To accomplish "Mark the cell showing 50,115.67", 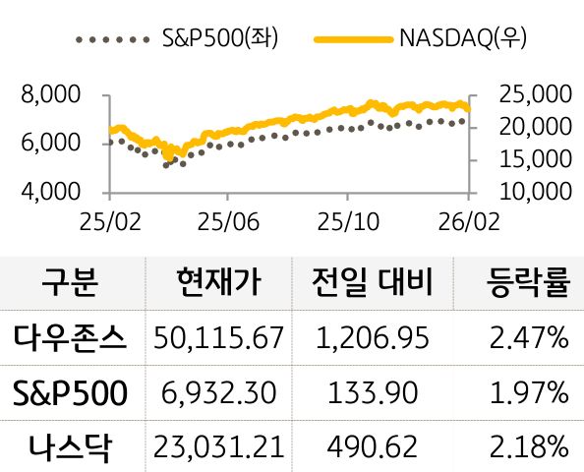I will pyautogui.click(x=219, y=339).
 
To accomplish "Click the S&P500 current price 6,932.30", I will pyautogui.click(x=219, y=393).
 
